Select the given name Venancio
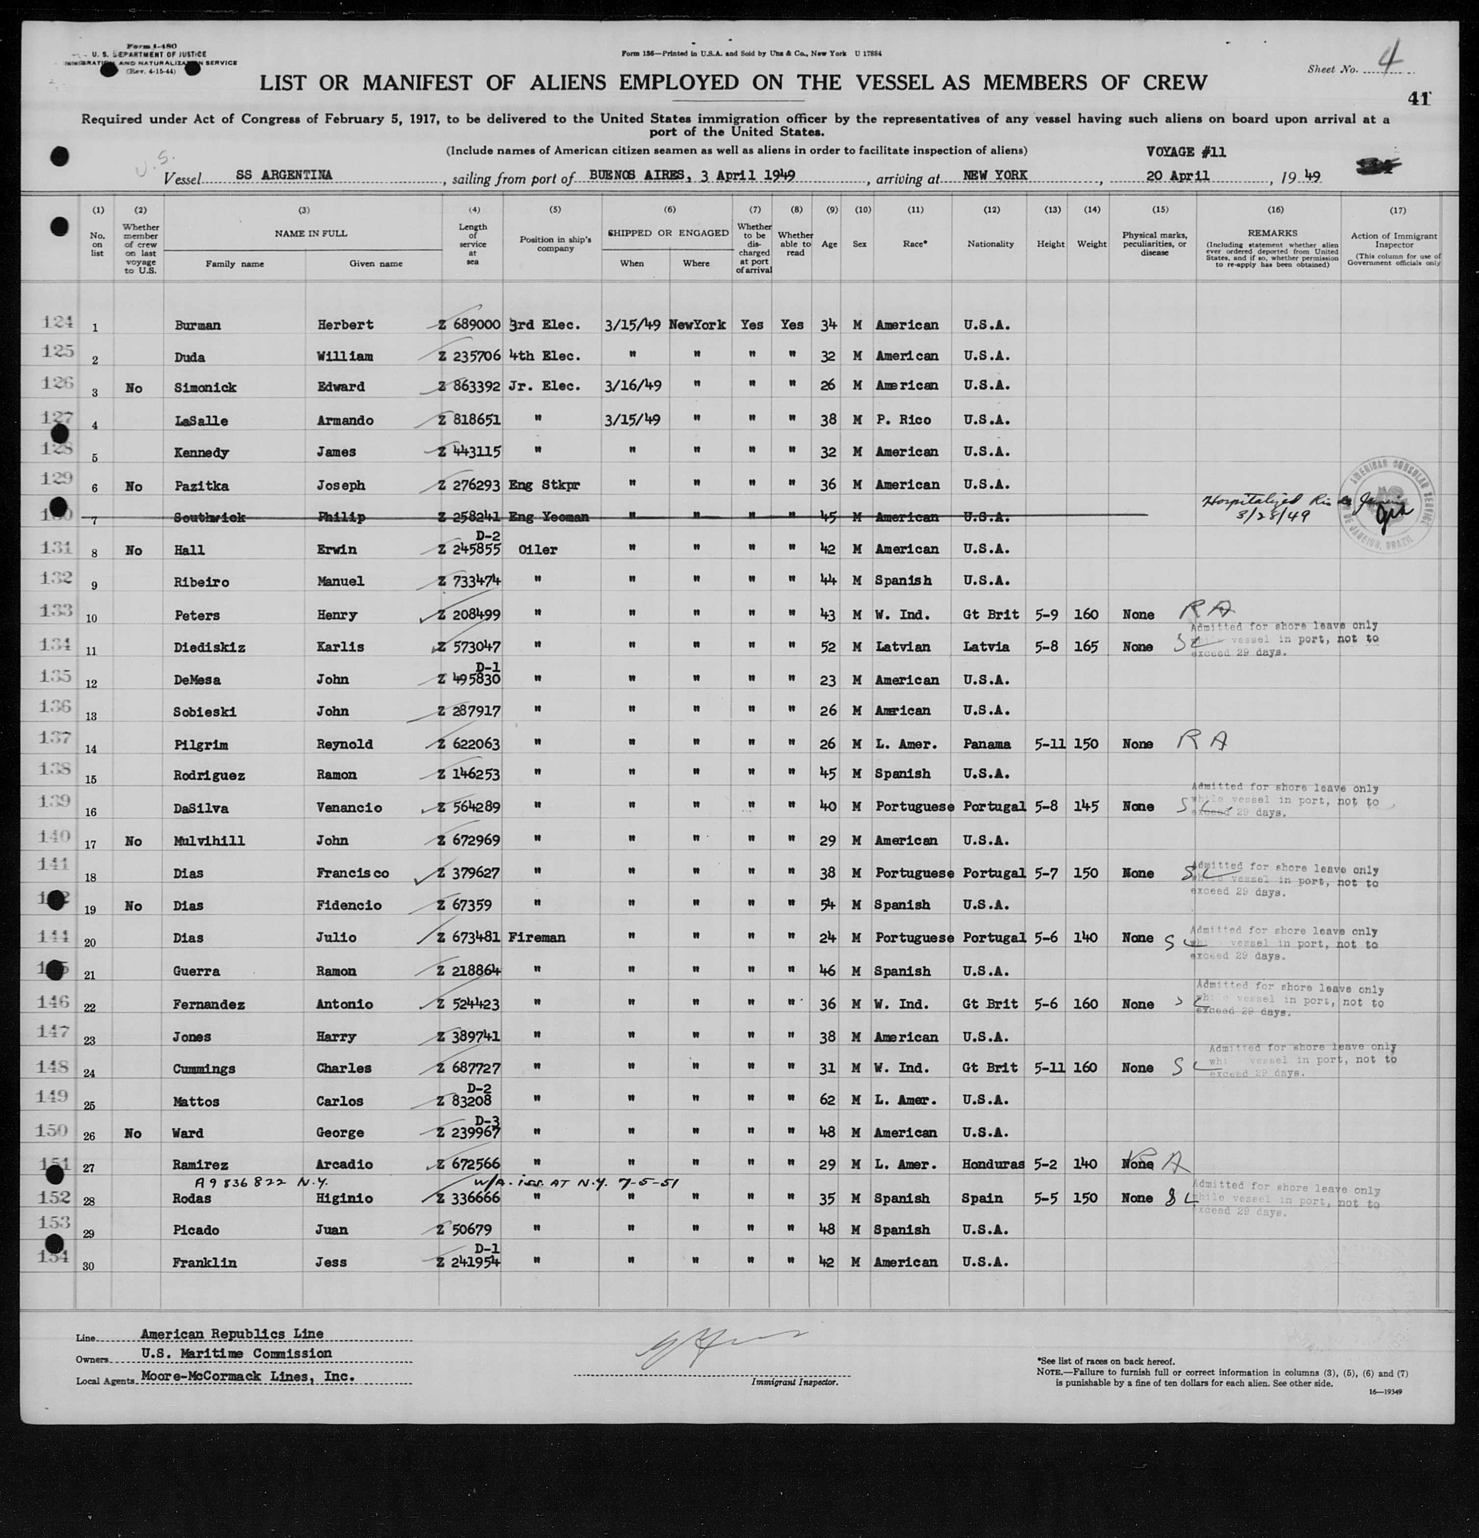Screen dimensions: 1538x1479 [350, 808]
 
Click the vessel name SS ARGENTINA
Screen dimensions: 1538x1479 [283, 176]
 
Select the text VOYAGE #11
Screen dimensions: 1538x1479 [1186, 152]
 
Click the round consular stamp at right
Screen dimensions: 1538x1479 [1386, 516]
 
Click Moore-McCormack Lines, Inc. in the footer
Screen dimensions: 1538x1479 [248, 1377]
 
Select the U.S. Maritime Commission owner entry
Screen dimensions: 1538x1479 [236, 1354]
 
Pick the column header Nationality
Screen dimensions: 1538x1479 [990, 244]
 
